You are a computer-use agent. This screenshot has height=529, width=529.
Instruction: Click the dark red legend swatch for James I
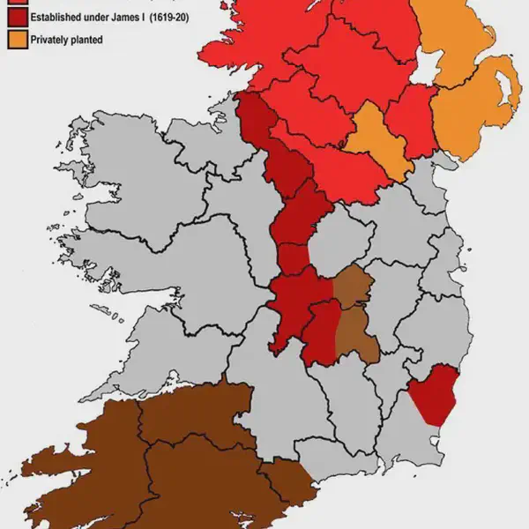tap(13, 17)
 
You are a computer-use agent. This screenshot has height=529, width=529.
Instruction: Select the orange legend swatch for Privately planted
tap(13, 40)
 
